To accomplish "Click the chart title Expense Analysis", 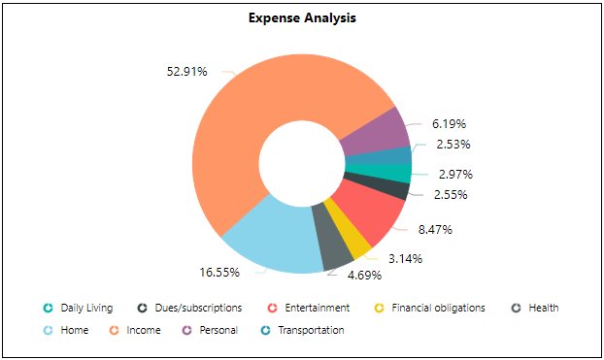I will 301,18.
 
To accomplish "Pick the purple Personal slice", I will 379,132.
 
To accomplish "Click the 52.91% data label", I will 187,71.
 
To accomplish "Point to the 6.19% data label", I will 450,124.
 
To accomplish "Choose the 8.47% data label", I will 434,230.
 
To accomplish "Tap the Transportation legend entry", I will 310,330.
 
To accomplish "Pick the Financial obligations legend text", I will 438,308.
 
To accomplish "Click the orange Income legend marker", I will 114,330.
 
